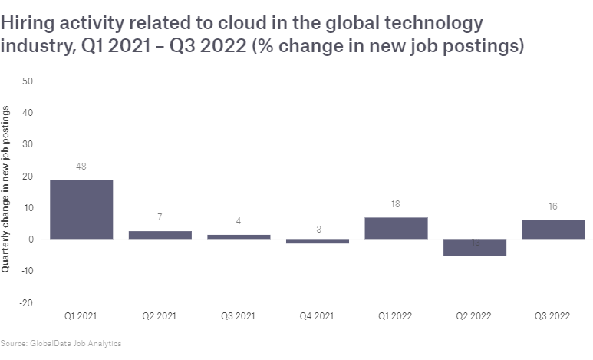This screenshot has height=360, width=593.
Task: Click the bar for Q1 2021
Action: (x=81, y=210)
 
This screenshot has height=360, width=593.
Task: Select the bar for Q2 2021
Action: (x=160, y=235)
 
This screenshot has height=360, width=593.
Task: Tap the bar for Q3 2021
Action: (x=239, y=236)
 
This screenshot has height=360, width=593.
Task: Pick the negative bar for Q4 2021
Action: (x=318, y=242)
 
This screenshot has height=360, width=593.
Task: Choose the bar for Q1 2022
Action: (x=396, y=228)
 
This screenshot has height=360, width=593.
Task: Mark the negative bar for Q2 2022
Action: (x=475, y=247)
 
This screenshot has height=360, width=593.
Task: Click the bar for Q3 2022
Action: (x=553, y=230)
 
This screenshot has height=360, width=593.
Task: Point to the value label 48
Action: (x=81, y=167)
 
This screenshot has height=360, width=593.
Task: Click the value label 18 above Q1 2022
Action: (x=396, y=204)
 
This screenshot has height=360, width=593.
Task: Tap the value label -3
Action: (x=318, y=229)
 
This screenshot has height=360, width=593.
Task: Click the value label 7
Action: (x=160, y=217)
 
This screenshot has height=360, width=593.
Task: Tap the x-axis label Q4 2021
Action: (x=318, y=315)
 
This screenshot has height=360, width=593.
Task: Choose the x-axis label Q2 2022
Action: (x=475, y=315)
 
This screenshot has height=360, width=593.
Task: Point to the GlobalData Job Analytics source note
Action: (x=61, y=343)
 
